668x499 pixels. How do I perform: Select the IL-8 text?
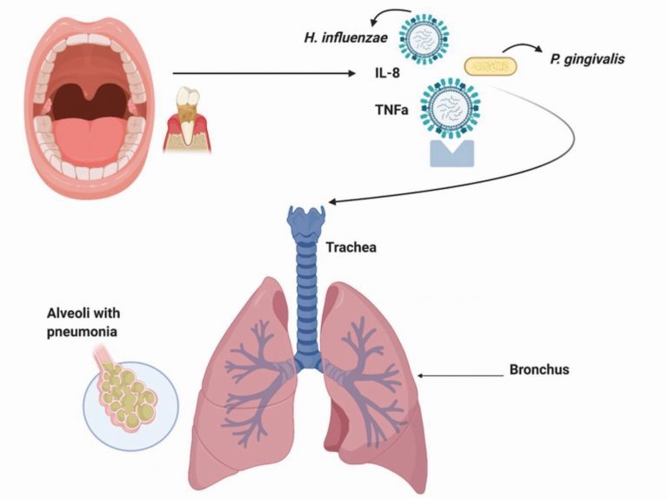[x=379, y=76]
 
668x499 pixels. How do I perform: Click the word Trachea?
[x=351, y=247]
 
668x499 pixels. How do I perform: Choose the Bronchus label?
[x=538, y=370]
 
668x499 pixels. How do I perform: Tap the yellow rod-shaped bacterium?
[x=490, y=65]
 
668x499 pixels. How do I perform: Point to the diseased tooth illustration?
[x=188, y=118]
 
